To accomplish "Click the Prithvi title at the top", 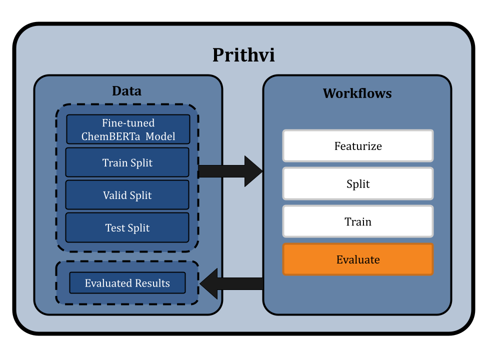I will (x=243, y=54).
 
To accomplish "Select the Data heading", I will (x=126, y=91).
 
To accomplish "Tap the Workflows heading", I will (x=357, y=93).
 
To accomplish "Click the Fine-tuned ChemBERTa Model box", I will (x=128, y=129).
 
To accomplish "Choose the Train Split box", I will (x=127, y=162).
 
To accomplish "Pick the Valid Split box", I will (x=127, y=195).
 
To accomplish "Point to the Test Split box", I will (x=127, y=227).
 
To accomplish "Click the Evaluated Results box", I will (x=127, y=283).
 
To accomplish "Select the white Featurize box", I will (x=358, y=146).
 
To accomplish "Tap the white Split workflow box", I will (x=358, y=183).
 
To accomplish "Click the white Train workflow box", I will (x=358, y=221).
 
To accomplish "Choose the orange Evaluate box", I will (x=358, y=259).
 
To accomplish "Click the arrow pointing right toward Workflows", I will (x=231, y=171).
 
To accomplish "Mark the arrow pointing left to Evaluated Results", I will (x=231, y=283).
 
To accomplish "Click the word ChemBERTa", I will (x=110, y=136).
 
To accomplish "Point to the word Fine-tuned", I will (x=128, y=123).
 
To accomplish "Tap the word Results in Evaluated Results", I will (x=151, y=283).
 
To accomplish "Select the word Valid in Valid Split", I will (x=114, y=195).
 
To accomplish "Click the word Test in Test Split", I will (x=115, y=227).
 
